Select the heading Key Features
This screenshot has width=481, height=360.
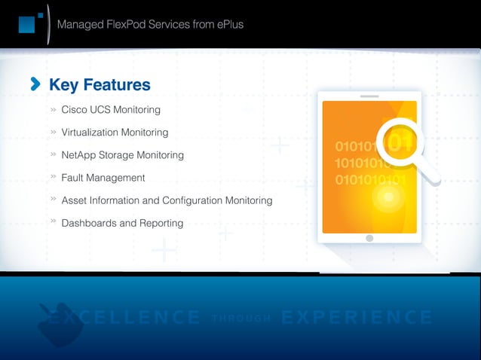pyautogui.click(x=100, y=85)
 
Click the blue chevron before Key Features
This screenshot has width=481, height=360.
pyautogui.click(x=35, y=84)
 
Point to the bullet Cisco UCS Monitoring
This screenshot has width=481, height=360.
pyautogui.click(x=110, y=110)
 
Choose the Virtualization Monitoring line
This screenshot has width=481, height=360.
pyautogui.click(x=115, y=133)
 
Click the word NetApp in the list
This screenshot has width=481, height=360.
pyautogui.click(x=79, y=155)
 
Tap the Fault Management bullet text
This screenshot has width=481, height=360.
pyautogui.click(x=103, y=178)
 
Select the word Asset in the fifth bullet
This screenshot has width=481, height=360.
pyautogui.click(x=74, y=201)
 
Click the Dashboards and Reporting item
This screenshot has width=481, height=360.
pyautogui.click(x=122, y=224)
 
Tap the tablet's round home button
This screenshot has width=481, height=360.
pyautogui.click(x=369, y=238)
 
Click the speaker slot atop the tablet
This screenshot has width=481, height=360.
pyautogui.click(x=369, y=96)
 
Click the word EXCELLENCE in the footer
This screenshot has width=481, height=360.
pyautogui.click(x=124, y=318)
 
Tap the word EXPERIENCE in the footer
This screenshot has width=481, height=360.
pyautogui.click(x=356, y=318)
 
